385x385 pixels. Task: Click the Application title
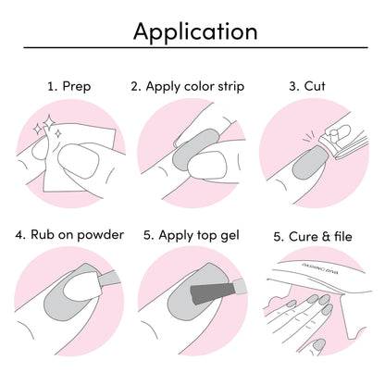point(195,32)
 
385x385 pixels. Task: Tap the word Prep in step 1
point(77,86)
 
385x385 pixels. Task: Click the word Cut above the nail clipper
point(315,86)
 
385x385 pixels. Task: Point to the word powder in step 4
point(100,235)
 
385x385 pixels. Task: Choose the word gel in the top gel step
point(230,236)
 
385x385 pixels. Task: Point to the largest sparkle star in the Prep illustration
point(48,122)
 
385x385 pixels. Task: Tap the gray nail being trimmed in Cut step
point(309,163)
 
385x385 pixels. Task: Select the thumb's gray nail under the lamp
point(318,343)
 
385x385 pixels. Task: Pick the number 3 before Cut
point(293,86)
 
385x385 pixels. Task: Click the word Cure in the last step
point(304,237)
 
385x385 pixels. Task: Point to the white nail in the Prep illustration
point(79,161)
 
